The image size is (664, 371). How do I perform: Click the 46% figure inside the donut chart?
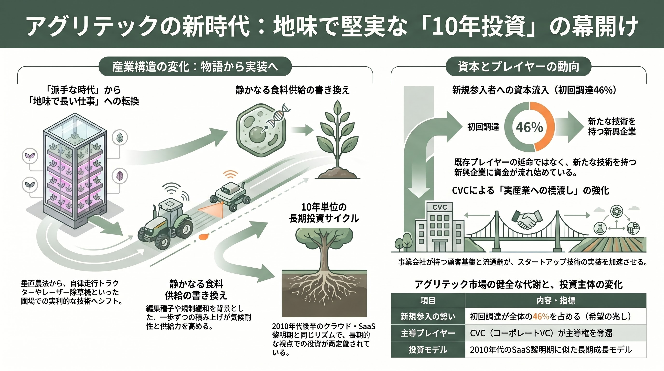pos(529,127)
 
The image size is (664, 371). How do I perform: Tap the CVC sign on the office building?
pos(439,207)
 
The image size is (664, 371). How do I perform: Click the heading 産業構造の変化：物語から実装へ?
pos(195,67)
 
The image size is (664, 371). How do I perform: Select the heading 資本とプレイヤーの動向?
pos(518,67)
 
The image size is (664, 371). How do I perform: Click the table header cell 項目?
pos(428,300)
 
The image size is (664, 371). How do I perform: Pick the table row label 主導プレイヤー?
pos(428,333)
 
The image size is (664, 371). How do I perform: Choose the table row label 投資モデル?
pos(428,350)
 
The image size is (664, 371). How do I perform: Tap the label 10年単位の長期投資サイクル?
pos(324,213)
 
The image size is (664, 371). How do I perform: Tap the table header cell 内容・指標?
pos(555,300)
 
